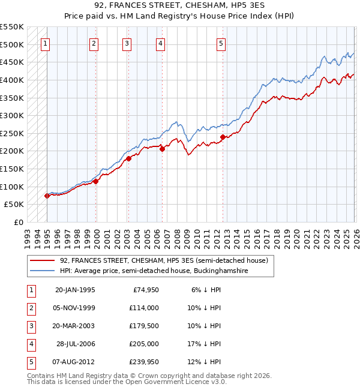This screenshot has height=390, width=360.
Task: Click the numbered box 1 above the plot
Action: (x=46, y=43)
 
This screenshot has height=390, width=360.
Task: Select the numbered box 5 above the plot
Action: (x=221, y=43)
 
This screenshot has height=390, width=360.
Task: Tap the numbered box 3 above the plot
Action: (x=127, y=43)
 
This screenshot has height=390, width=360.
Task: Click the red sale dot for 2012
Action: (x=223, y=137)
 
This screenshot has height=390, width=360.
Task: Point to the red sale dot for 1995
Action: (x=47, y=196)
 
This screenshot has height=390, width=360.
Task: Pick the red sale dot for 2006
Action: (x=162, y=149)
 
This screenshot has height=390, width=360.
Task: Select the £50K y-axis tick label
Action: (x=14, y=205)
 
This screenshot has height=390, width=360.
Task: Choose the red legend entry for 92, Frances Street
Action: (x=163, y=260)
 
